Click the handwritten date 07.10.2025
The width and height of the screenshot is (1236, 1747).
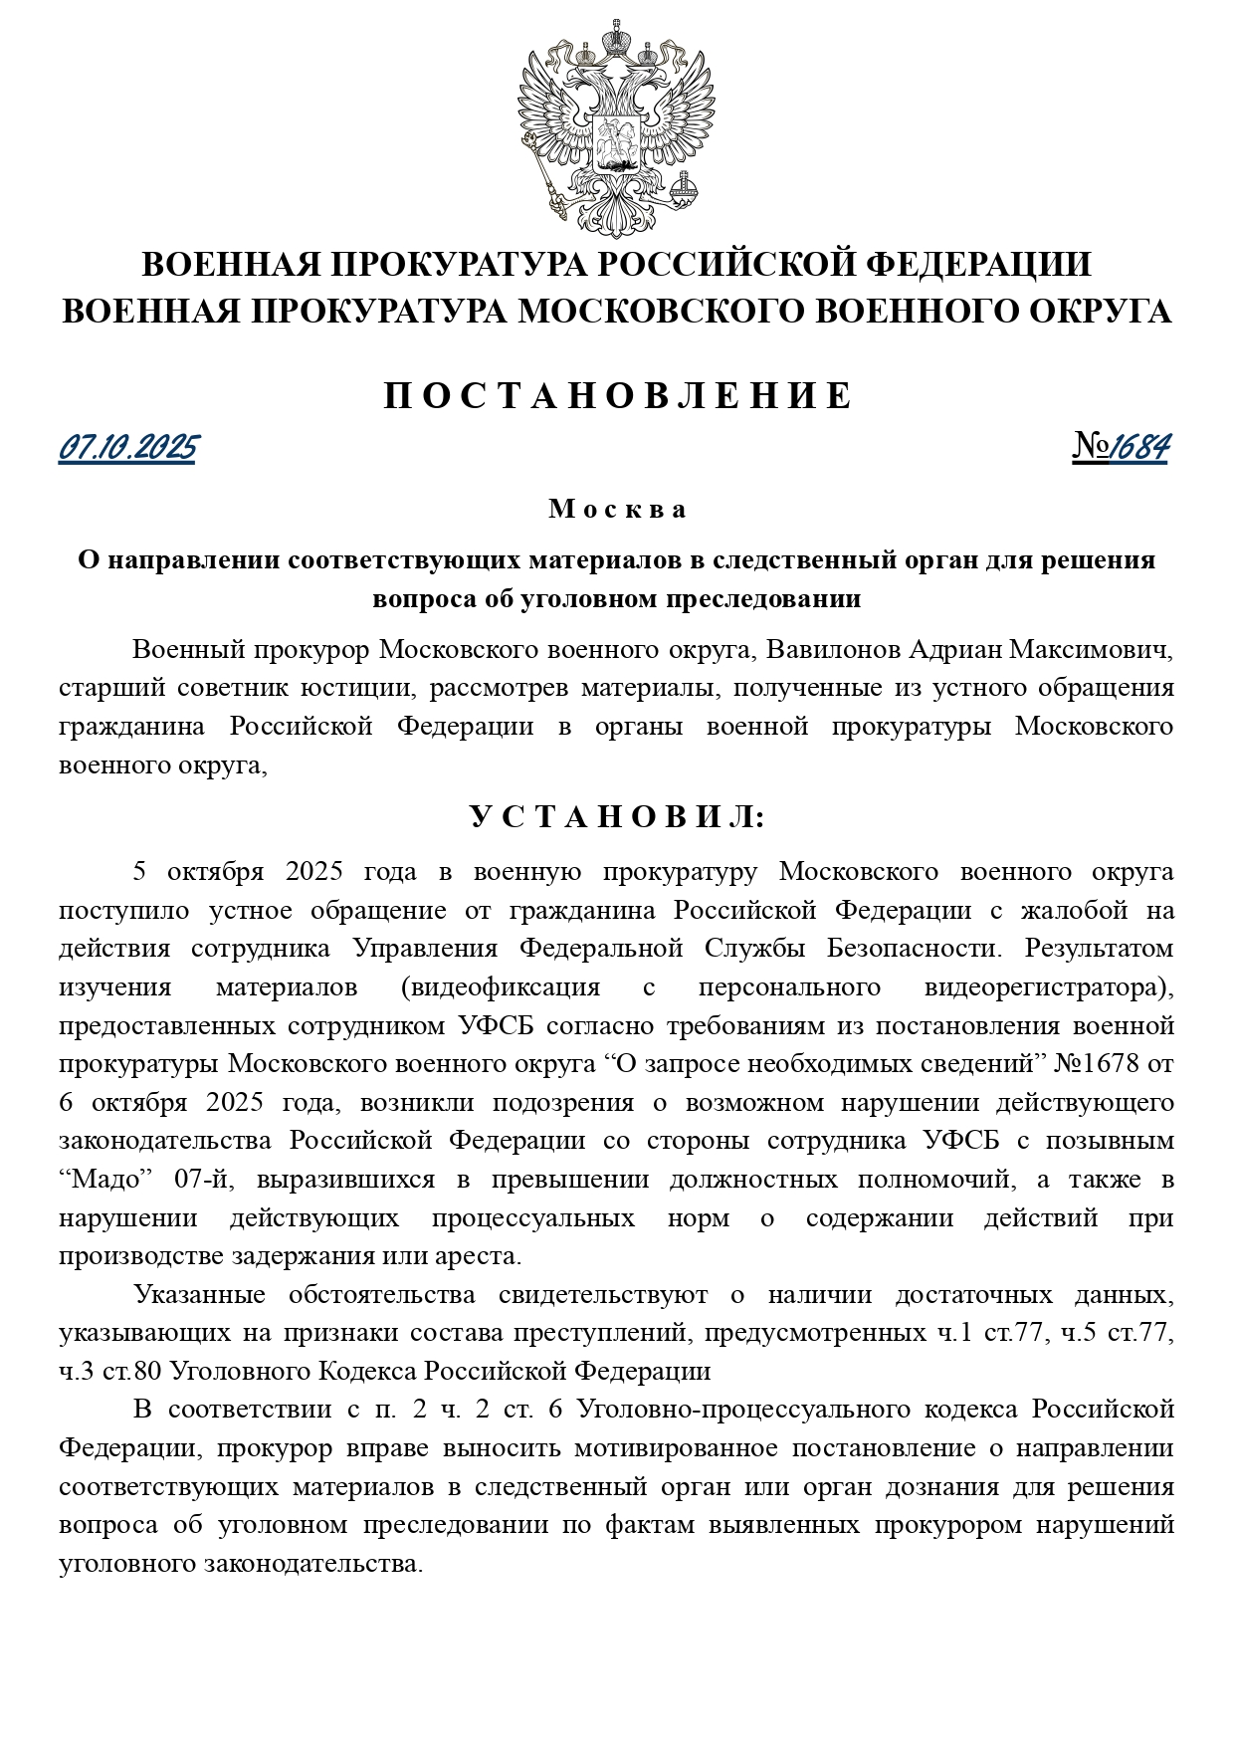coord(128,449)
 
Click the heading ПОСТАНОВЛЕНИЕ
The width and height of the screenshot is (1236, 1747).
coord(618,396)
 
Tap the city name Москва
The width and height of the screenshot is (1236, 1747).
coord(618,510)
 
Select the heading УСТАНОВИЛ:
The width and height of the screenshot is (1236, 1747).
coord(618,818)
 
